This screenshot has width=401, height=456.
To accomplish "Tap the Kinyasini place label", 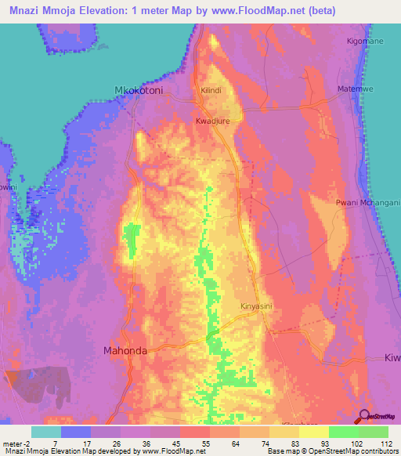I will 255,306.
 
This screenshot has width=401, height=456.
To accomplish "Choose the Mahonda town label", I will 125,351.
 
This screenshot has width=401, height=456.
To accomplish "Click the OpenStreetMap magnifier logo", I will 365,417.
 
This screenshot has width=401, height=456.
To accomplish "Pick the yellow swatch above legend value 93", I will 314,432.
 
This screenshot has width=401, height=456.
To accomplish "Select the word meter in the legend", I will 15,443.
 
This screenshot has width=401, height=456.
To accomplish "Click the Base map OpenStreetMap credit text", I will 332,451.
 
